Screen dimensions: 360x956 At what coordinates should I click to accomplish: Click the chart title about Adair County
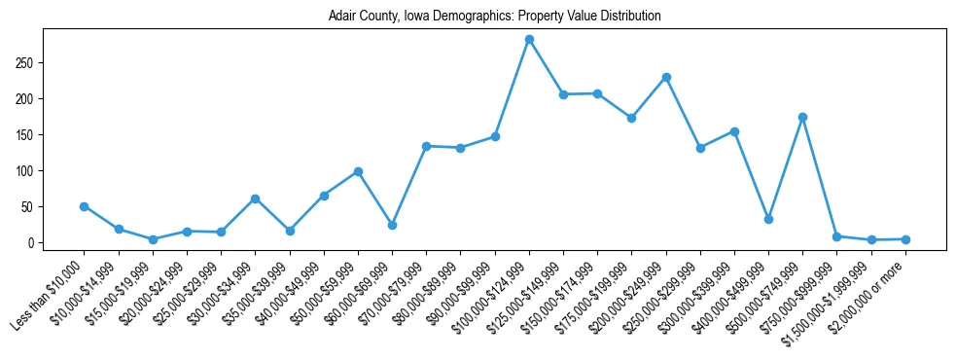pyautogui.click(x=478, y=17)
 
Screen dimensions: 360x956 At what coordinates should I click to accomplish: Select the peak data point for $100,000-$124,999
pyautogui.click(x=529, y=40)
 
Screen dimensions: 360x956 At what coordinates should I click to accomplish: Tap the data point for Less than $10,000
pyautogui.click(x=84, y=206)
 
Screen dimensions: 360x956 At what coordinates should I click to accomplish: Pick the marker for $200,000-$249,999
pyautogui.click(x=666, y=77)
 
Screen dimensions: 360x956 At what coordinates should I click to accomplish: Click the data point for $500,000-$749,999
pyautogui.click(x=802, y=117)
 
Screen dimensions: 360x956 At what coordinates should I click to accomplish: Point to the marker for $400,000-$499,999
pyautogui.click(x=768, y=219)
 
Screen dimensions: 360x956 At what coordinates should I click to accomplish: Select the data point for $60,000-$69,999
pyautogui.click(x=392, y=225)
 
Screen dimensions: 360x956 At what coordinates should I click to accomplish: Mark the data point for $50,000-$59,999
pyautogui.click(x=358, y=171)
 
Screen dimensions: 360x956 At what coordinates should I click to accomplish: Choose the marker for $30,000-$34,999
pyautogui.click(x=255, y=198)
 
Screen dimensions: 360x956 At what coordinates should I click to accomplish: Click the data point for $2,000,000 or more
pyautogui.click(x=905, y=239)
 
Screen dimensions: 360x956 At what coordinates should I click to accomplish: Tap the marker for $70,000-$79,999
pyautogui.click(x=426, y=146)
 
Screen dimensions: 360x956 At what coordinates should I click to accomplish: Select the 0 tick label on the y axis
pyautogui.click(x=31, y=243)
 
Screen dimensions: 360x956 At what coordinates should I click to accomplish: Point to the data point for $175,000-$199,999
pyautogui.click(x=631, y=118)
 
